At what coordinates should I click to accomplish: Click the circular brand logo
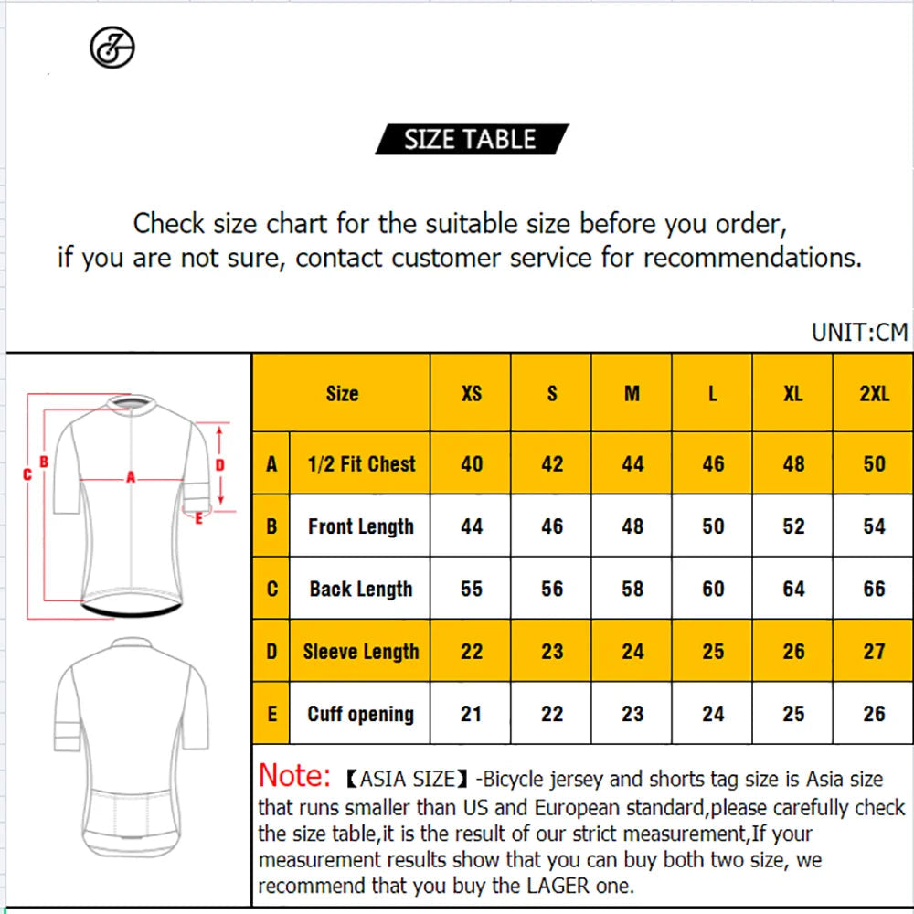coord(112,48)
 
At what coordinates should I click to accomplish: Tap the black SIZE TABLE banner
coord(472,139)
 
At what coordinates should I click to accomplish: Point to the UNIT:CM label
coord(860,333)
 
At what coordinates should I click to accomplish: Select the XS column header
coord(472,393)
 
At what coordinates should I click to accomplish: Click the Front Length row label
coord(361,526)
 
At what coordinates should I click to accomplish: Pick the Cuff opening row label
coord(361,714)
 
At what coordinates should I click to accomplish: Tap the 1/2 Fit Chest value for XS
coord(472,464)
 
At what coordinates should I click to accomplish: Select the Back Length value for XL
coord(793,589)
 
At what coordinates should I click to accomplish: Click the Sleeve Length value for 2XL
coord(875,651)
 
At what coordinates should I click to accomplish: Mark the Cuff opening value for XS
coord(472,714)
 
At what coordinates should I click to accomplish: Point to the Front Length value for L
coord(713,526)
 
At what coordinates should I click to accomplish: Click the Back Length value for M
coord(632,589)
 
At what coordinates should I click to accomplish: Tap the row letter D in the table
coord(271,651)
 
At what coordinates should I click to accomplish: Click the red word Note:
coord(294,776)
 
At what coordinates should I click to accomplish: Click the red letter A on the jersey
coord(131,477)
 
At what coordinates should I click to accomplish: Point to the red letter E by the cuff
coord(198,518)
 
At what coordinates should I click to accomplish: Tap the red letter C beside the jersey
coord(27,474)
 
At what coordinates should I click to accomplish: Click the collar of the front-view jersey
coord(133,402)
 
